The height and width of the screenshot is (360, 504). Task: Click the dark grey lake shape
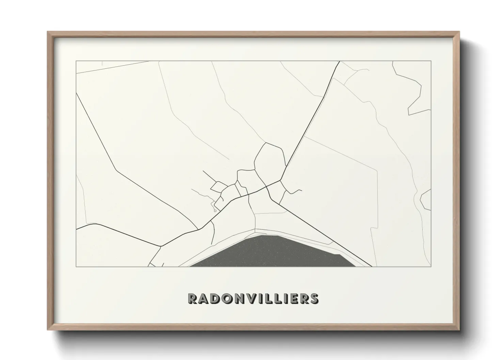pyautogui.click(x=269, y=252)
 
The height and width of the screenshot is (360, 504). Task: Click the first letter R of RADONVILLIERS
pyautogui.click(x=192, y=298)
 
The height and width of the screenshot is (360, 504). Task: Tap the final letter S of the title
pyautogui.click(x=314, y=298)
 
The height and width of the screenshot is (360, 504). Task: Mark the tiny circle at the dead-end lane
pyautogui.click(x=215, y=211)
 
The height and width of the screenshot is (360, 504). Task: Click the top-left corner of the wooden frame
pyautogui.click(x=48, y=32)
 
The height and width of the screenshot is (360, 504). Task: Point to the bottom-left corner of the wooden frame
pyautogui.click(x=48, y=330)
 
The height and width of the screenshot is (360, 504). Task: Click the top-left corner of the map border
pyautogui.click(x=76, y=61)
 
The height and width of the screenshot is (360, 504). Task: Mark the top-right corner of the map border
pyautogui.click(x=431, y=61)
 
